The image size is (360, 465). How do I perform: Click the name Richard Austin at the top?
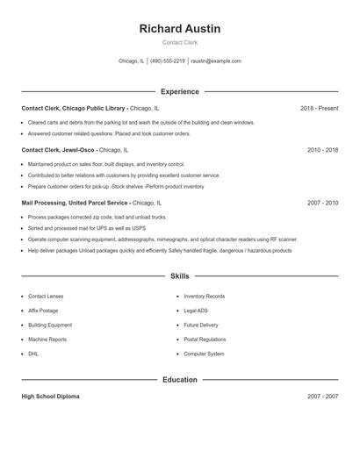(179, 29)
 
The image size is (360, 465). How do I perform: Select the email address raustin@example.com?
(216, 61)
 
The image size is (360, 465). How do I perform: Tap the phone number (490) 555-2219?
(167, 61)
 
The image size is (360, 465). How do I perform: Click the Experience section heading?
(179, 91)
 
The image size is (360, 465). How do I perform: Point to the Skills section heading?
(179, 276)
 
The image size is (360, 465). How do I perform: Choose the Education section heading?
(179, 380)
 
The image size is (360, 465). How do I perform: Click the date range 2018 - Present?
(319, 108)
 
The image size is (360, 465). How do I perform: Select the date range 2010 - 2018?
(322, 150)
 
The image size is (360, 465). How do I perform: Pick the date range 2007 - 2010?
(322, 203)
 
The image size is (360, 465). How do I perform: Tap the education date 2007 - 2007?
(322, 397)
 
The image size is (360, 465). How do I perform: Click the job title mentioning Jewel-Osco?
(76, 150)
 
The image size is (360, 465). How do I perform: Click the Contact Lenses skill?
(46, 297)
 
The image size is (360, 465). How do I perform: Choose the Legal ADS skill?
(196, 311)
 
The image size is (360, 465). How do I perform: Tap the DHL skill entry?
(33, 354)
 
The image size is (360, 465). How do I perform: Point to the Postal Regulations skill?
(205, 340)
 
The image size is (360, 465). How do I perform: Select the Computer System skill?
(204, 354)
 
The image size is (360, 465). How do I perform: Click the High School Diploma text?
(50, 397)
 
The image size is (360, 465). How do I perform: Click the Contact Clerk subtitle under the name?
(179, 43)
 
